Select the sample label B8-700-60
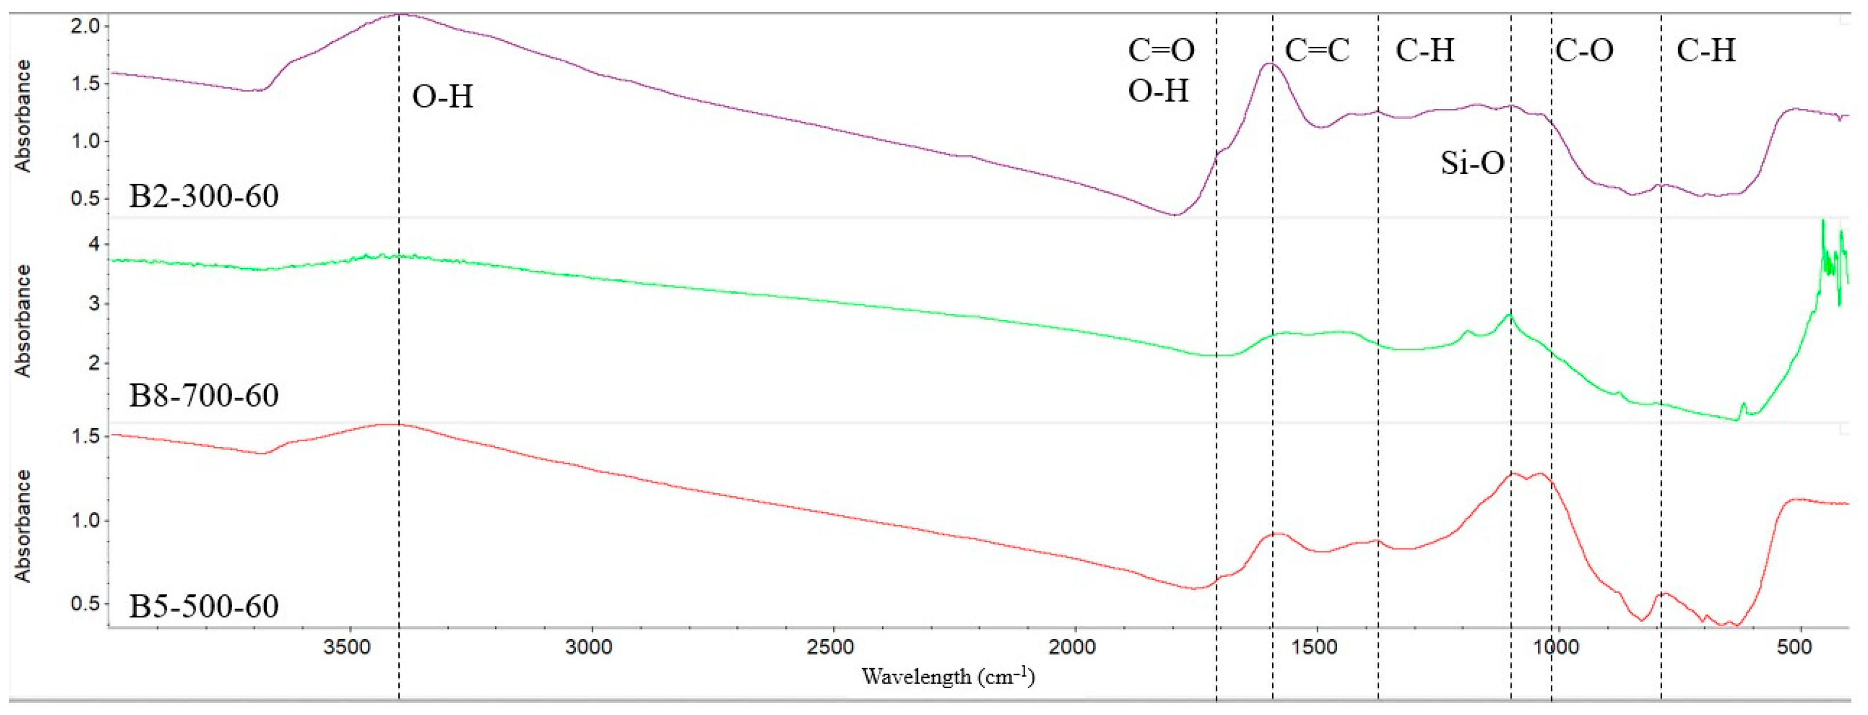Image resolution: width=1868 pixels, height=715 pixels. [x=204, y=396]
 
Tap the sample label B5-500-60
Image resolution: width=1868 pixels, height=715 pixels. [x=204, y=606]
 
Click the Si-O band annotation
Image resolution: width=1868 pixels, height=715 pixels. [x=1472, y=162]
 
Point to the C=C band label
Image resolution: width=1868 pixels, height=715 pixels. [x=1317, y=51]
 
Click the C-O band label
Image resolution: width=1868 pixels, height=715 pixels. [x=1585, y=51]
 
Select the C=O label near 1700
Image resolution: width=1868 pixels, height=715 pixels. [x=1161, y=51]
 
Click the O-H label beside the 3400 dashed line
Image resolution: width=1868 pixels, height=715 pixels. [x=442, y=96]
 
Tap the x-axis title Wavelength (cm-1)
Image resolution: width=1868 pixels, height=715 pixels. [x=948, y=677]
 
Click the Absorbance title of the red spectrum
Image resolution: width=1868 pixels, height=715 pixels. [x=23, y=526]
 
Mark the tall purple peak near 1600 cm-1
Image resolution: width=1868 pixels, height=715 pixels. [x=1268, y=64]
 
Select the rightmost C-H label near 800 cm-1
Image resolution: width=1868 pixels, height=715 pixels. [x=1705, y=51]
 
